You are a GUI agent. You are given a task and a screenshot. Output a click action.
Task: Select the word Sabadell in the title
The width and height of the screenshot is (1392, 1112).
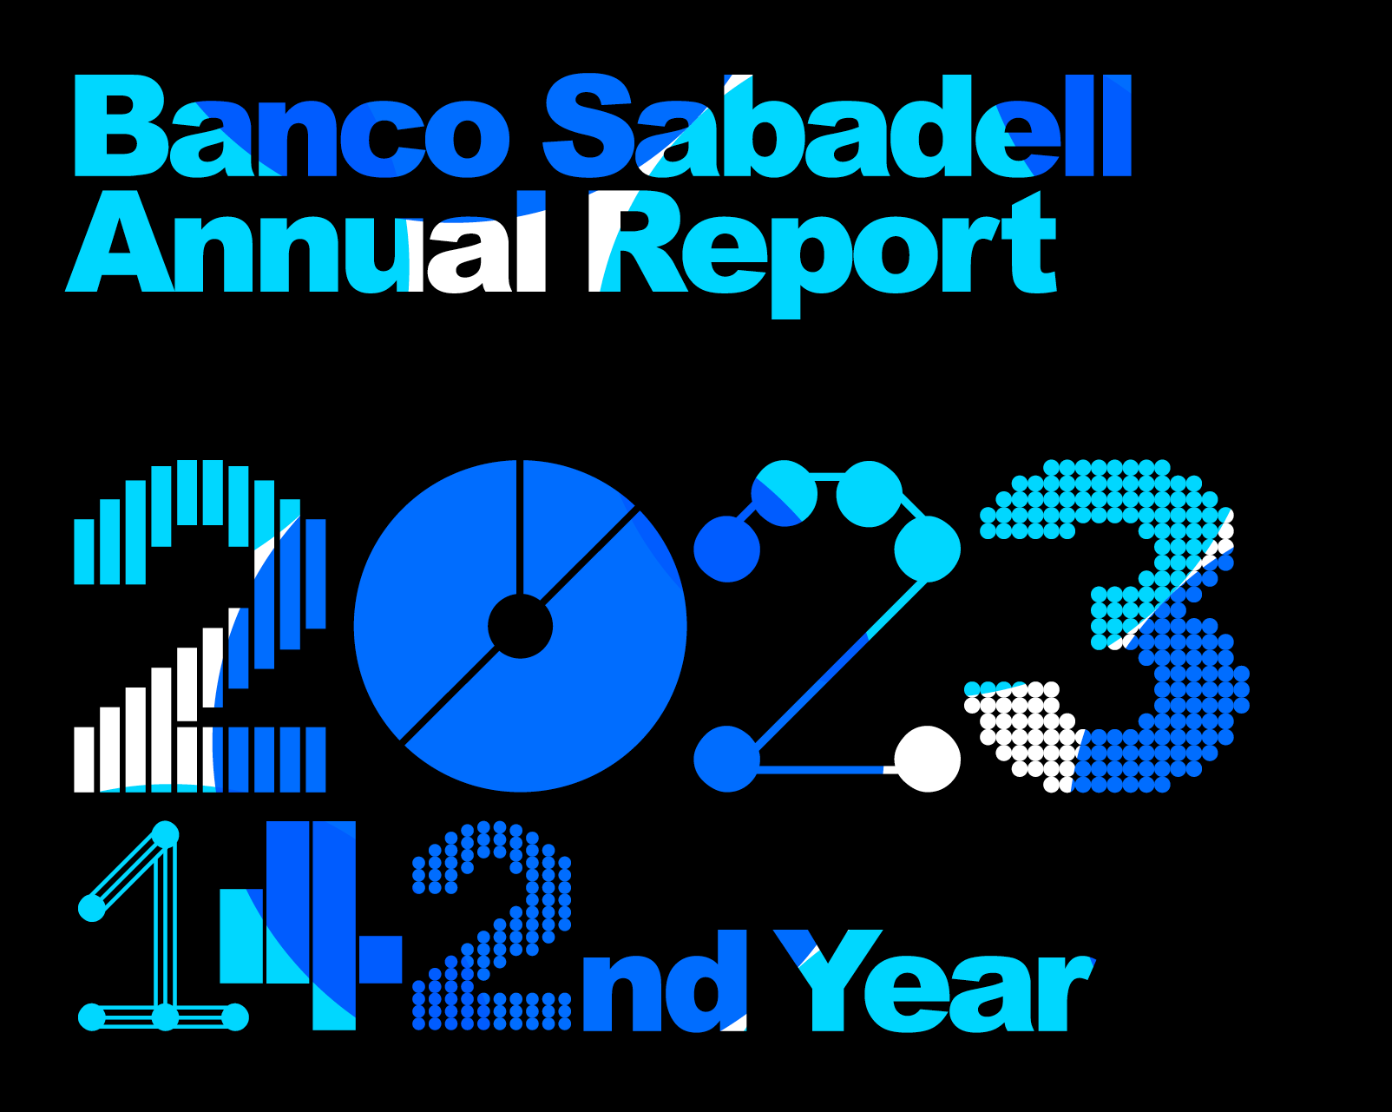[837, 126]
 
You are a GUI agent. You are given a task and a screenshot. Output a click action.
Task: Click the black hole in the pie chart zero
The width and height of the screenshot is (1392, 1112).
[520, 627]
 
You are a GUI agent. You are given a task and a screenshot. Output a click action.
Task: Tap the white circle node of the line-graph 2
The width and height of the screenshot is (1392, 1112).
[927, 759]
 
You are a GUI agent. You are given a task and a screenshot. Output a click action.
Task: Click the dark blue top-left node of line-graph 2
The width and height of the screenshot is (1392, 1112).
[726, 549]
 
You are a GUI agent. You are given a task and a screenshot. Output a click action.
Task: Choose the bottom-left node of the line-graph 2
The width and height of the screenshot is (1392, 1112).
[726, 759]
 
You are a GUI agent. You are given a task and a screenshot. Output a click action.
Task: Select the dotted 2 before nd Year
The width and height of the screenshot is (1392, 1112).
[491, 926]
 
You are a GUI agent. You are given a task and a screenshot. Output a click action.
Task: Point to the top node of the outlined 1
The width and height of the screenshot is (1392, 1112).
[165, 834]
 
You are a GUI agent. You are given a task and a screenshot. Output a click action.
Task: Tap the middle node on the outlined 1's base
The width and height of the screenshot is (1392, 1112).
[165, 1017]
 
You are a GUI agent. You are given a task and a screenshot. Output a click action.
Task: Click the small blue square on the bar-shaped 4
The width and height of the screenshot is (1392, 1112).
[380, 959]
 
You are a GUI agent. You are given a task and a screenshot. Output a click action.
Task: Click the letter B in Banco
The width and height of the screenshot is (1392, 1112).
[121, 126]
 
